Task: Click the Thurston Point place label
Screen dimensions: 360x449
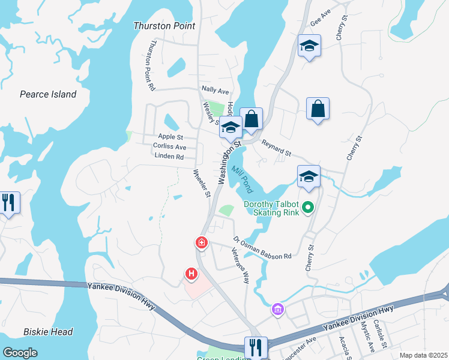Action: [x=164, y=26]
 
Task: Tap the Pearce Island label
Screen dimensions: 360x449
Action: [x=48, y=94]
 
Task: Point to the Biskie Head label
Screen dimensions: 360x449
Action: [x=48, y=332]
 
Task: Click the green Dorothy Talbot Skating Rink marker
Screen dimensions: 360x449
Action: [x=309, y=208]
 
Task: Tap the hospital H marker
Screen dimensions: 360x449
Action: [x=191, y=274]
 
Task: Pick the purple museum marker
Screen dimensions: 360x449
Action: [x=277, y=310]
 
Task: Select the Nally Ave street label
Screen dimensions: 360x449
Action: [x=215, y=91]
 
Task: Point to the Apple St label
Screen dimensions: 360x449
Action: [x=170, y=137]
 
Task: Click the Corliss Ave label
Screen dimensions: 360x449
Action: [x=170, y=146]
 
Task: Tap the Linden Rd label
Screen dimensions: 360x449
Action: [x=169, y=157]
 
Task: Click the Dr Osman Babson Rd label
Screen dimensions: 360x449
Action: [x=262, y=248]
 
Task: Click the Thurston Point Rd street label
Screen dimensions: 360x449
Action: [x=152, y=65]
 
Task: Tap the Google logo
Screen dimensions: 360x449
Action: [x=21, y=353]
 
